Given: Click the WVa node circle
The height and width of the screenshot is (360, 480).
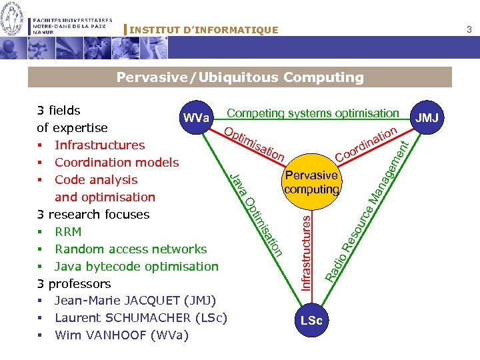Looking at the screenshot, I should pos(196,117).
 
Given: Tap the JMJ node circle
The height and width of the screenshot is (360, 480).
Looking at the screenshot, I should pos(427,118).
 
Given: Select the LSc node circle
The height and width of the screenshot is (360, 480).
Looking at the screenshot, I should pos(311,321).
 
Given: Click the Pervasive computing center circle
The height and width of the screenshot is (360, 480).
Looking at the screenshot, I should pos(311,181).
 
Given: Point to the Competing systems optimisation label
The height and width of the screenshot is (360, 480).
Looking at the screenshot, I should pos(313,113).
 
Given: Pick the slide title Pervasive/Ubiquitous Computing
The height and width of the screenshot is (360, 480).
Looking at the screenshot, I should pos(240,77).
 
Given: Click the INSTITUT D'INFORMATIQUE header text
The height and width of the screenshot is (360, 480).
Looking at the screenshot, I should pos(203,30).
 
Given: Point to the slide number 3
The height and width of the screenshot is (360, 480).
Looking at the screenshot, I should pos(469,29).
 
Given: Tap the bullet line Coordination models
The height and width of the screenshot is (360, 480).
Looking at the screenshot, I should pos(117,162).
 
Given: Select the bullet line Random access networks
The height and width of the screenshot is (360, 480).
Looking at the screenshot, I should pos(131,249).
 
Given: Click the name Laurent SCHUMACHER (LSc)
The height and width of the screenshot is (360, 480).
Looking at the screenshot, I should pos(141,317).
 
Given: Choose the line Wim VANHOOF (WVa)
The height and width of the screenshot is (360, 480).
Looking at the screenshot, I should pos(121,335).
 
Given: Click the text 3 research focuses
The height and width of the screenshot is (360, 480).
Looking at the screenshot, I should pos(93,214).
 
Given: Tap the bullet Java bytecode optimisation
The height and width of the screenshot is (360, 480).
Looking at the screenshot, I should pos(136,266).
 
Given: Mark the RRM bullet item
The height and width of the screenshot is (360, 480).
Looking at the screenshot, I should pos(68,231).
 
